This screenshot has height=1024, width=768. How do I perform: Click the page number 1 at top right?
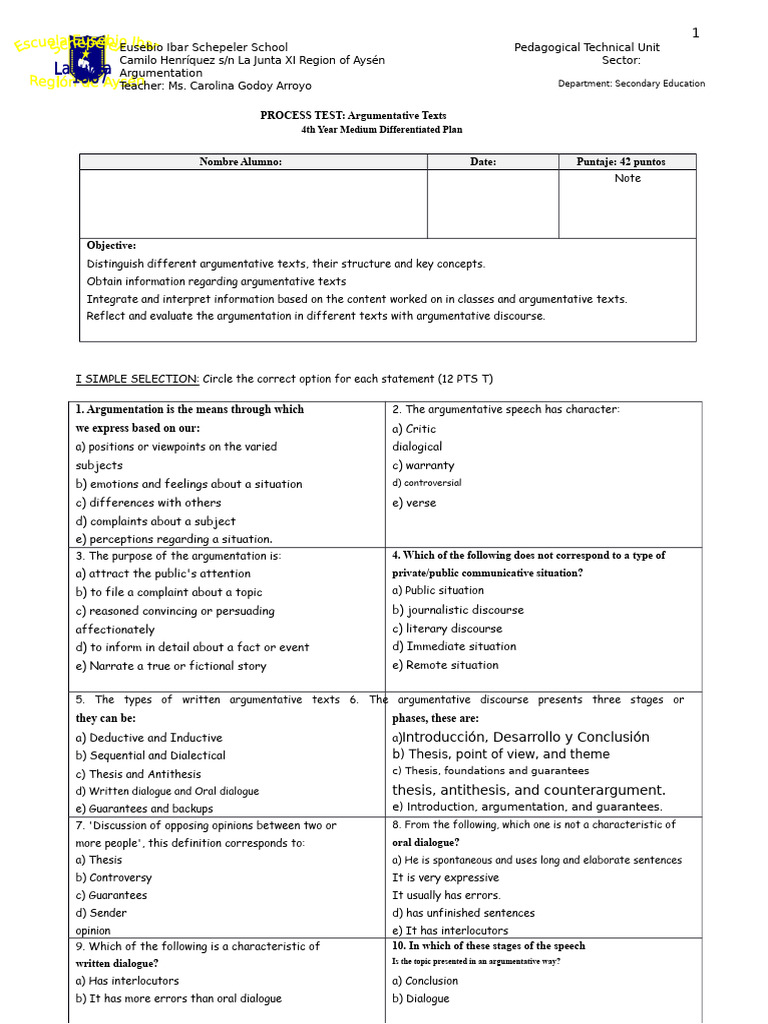click(696, 33)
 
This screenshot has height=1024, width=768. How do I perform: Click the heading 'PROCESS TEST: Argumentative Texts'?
click(353, 115)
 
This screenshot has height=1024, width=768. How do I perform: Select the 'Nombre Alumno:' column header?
click(240, 162)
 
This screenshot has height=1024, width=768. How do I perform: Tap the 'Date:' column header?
click(483, 162)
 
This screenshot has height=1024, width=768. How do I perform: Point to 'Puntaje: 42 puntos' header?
click(620, 162)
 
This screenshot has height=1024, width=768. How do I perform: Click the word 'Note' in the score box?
click(627, 178)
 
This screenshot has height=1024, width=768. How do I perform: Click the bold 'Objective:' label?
click(111, 245)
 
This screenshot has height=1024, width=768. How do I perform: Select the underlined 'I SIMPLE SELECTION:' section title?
click(137, 379)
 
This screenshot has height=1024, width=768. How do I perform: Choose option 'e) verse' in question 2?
click(414, 503)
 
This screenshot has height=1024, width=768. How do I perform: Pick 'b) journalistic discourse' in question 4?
click(457, 610)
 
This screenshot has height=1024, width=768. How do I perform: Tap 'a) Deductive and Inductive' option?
click(148, 738)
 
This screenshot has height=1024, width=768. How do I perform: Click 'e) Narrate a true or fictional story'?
click(170, 666)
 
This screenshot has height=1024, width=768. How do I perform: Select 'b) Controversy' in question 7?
click(113, 878)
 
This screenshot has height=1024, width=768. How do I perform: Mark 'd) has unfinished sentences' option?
click(463, 913)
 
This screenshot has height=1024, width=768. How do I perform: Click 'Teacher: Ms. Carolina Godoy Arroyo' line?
click(215, 86)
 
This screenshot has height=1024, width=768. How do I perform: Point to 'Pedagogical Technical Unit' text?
click(586, 47)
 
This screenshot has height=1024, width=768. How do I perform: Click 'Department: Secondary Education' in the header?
click(630, 84)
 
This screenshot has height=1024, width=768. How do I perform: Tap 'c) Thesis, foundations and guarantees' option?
click(490, 771)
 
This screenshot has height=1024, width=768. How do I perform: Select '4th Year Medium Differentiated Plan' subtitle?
click(381, 130)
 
